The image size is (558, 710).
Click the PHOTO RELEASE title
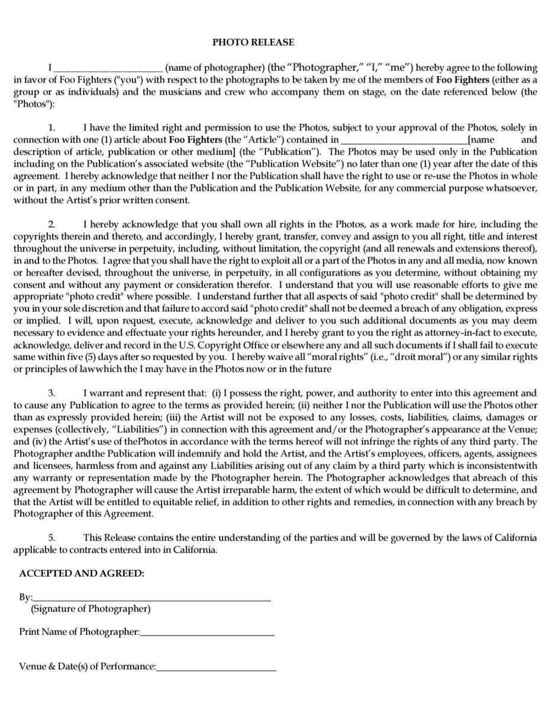click(x=244, y=43)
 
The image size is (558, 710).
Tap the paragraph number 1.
click(x=51, y=128)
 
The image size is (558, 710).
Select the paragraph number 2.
click(x=51, y=224)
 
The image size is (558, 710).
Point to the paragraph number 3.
click(x=51, y=392)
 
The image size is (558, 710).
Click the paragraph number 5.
click(x=51, y=537)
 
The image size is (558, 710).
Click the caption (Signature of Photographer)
click(x=91, y=608)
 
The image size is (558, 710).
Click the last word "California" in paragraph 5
click(x=196, y=550)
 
